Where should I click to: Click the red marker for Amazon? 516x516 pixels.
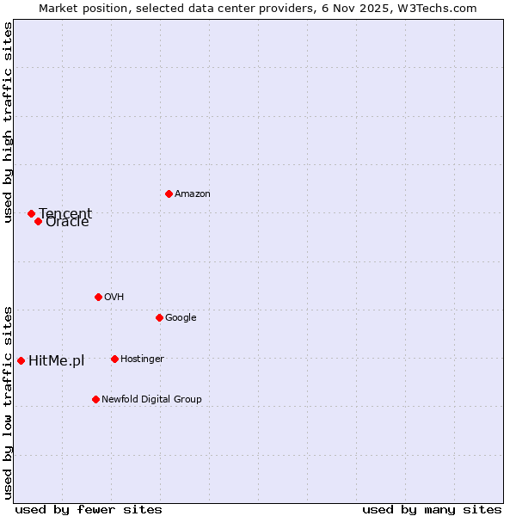click(x=169, y=193)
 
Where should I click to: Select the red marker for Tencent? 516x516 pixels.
click(x=31, y=213)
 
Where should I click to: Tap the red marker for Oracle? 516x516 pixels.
click(x=39, y=221)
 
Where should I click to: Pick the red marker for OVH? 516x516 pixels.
click(x=98, y=297)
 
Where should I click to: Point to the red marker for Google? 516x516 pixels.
click(x=159, y=317)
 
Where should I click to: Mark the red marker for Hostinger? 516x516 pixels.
click(x=114, y=359)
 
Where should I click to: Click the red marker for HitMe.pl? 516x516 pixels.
click(x=21, y=360)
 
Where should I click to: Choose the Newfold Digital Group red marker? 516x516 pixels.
click(x=95, y=399)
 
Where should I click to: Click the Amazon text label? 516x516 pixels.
click(x=193, y=194)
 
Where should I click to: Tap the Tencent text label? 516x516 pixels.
click(x=66, y=213)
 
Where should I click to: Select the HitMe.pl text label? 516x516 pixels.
click(x=57, y=360)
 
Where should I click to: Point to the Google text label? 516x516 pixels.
click(x=181, y=318)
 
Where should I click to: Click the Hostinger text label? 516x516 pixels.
click(x=142, y=359)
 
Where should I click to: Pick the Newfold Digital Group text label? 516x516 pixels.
click(x=151, y=400)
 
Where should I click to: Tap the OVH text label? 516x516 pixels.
click(x=114, y=298)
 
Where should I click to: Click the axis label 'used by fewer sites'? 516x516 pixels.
click(x=89, y=510)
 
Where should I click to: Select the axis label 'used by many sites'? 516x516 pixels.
click(x=432, y=510)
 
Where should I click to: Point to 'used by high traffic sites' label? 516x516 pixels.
click(x=8, y=122)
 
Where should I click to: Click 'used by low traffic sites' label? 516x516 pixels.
click(x=8, y=402)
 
